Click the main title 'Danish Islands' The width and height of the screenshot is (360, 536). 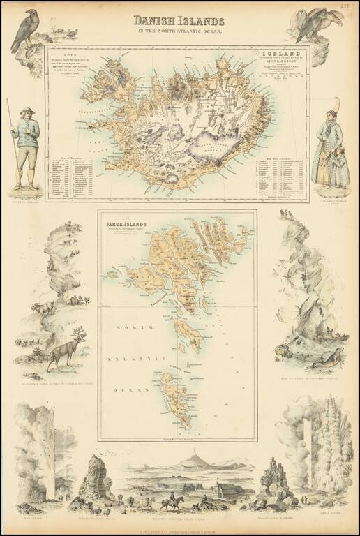179,20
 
